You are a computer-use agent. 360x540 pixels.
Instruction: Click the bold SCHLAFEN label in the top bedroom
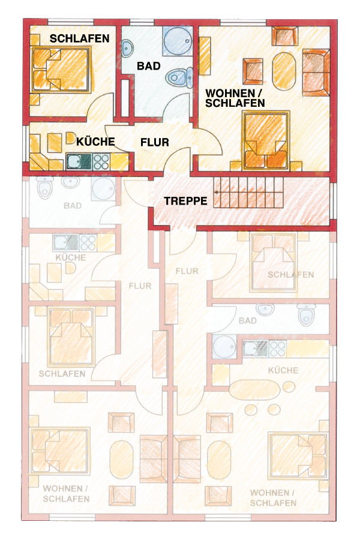coord(80,38)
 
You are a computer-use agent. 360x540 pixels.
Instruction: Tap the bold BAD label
coord(148,66)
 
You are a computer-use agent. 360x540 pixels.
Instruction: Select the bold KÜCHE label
coord(95,141)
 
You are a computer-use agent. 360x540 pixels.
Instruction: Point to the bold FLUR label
coord(155,142)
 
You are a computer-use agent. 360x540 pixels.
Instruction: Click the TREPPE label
coord(185,201)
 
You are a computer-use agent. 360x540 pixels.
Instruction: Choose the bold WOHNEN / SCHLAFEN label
coord(235,98)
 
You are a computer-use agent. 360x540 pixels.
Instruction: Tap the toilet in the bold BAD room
coord(180,77)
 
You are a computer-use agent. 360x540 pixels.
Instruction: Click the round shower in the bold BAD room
coord(177,42)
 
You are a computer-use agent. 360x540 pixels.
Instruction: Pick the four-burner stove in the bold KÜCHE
coord(101,161)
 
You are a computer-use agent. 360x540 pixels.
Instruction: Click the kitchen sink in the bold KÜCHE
coord(79,161)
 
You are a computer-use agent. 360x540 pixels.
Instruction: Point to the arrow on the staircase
coord(248,193)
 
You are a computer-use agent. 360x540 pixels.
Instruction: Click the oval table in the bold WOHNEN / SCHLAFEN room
coord(284,71)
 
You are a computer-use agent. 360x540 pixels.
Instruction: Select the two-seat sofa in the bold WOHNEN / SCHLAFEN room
coord(316,73)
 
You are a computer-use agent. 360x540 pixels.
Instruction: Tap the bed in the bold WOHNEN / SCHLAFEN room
coord(266,140)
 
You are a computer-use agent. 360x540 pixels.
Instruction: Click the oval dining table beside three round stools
coord(255,389)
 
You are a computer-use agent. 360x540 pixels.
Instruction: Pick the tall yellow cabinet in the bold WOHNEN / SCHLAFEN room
coord(205,55)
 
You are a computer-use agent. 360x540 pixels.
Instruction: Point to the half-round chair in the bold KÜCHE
coord(70,138)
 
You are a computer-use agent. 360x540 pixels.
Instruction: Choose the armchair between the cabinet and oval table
coord(253,71)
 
